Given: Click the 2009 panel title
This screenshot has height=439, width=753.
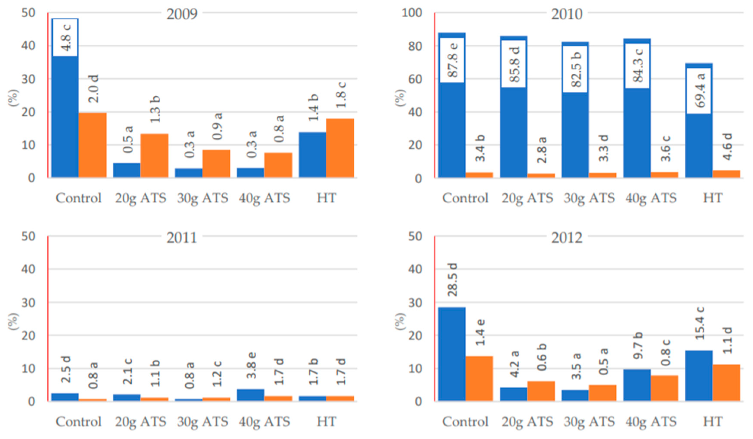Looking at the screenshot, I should point(182,14).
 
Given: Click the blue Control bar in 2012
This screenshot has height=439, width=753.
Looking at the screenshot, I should point(452,354).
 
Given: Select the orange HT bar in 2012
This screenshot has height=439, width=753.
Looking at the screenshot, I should point(726,383).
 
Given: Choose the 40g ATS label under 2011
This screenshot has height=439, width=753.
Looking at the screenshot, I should point(264,422).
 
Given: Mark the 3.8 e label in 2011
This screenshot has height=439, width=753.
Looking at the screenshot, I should point(252,365).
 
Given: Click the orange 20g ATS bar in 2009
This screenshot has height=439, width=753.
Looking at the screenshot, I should point(154,155).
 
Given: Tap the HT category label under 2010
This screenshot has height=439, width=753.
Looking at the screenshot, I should point(712,198).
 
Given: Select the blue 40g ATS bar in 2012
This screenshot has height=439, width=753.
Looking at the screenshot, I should point(637,385).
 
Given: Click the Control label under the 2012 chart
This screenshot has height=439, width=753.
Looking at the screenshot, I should point(465,422).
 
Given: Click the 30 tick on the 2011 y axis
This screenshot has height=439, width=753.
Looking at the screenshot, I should point(28,303).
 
